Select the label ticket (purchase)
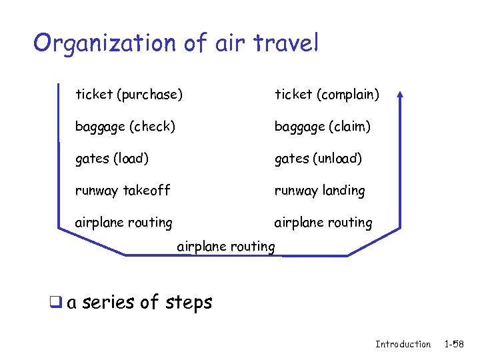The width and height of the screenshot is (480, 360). point(129,95)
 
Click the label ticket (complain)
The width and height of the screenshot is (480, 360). point(327,95)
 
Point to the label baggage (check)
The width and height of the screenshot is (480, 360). point(125,127)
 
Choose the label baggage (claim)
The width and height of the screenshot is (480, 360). point(323,127)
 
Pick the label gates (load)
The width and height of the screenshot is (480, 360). point(112,159)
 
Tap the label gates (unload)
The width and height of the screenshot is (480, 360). point(318,159)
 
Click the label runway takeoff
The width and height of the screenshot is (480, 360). point(123,191)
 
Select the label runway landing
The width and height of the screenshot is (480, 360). point(320,191)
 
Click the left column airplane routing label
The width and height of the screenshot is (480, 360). point(123,223)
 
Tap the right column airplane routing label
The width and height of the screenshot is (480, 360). point(323,223)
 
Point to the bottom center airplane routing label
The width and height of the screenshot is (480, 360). point(226,247)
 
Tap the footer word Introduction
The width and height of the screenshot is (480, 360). point(403,344)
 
